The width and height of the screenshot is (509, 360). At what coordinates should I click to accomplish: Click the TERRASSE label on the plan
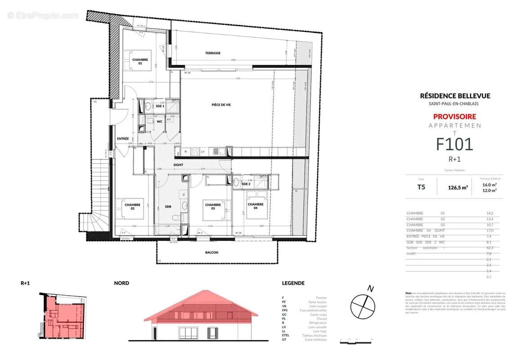213,53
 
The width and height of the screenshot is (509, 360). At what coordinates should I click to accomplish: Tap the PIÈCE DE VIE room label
221,105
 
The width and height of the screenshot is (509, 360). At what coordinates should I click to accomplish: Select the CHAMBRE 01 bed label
140,62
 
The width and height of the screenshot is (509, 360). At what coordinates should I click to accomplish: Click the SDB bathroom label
168,207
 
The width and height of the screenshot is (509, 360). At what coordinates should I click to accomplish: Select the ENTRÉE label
123,139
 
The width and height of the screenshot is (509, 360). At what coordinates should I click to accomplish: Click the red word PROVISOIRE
455,117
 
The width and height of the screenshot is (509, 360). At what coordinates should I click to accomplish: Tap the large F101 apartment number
455,144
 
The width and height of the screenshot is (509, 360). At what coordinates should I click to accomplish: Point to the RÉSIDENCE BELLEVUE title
455,95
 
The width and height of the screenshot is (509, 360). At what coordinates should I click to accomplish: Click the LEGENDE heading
293,283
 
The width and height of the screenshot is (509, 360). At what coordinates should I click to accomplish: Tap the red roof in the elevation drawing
201,306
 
